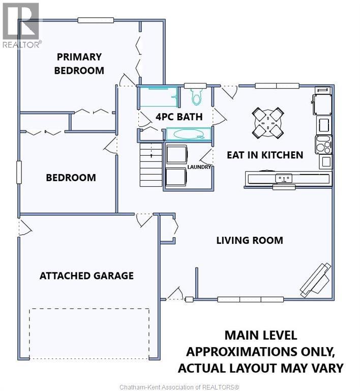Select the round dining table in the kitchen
point(268,123)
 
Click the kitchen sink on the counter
point(284,179)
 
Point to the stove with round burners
point(324,145)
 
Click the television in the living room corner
point(316,280)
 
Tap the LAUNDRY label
point(199,167)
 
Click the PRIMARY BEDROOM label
point(79,64)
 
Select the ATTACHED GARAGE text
point(86,275)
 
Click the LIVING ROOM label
point(250,240)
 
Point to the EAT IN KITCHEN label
point(265,155)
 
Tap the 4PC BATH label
point(179,117)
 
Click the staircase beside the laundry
point(151,164)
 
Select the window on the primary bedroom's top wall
point(96,20)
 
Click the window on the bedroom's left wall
point(19,172)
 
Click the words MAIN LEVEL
point(261,335)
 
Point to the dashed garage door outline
point(89,334)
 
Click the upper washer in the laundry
point(176,154)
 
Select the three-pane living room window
point(251,299)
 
